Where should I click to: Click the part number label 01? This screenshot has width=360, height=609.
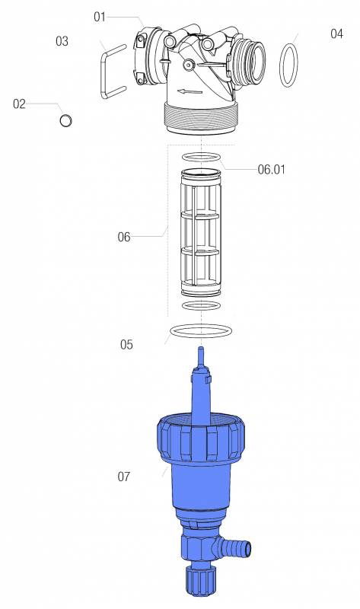click(x=100, y=17)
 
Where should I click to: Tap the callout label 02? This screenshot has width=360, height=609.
click(x=19, y=104)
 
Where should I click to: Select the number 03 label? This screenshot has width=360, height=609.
click(x=62, y=41)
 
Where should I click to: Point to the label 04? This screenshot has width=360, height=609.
click(x=336, y=33)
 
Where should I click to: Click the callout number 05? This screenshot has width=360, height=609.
click(x=126, y=345)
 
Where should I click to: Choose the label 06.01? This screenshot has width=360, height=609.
click(x=271, y=170)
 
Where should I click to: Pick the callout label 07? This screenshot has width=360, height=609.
click(x=124, y=477)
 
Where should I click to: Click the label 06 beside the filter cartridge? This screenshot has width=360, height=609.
click(x=124, y=237)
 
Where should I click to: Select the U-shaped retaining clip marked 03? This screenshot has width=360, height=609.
click(x=103, y=72)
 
